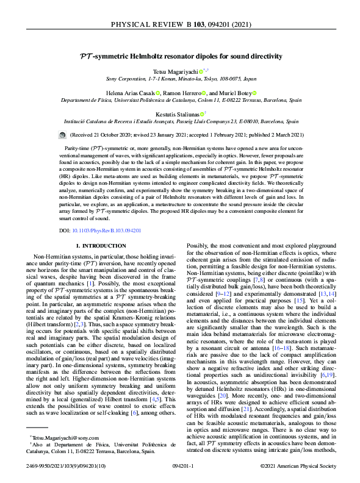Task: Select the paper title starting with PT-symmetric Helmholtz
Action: coord(180,57)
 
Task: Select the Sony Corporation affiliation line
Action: coord(180,79)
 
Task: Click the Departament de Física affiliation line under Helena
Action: coord(180,101)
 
